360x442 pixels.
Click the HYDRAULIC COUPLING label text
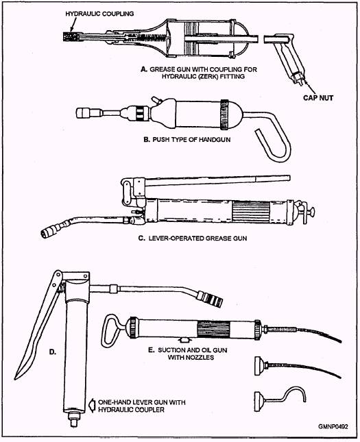[x=99, y=14]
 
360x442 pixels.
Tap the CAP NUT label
[x=318, y=98]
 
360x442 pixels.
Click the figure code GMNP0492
[x=333, y=426]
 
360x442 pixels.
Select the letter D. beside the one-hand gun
[x=53, y=352]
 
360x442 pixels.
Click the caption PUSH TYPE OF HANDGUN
[x=187, y=139]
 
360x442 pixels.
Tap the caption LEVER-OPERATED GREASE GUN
[x=193, y=238]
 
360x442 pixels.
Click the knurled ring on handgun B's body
[x=225, y=114]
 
